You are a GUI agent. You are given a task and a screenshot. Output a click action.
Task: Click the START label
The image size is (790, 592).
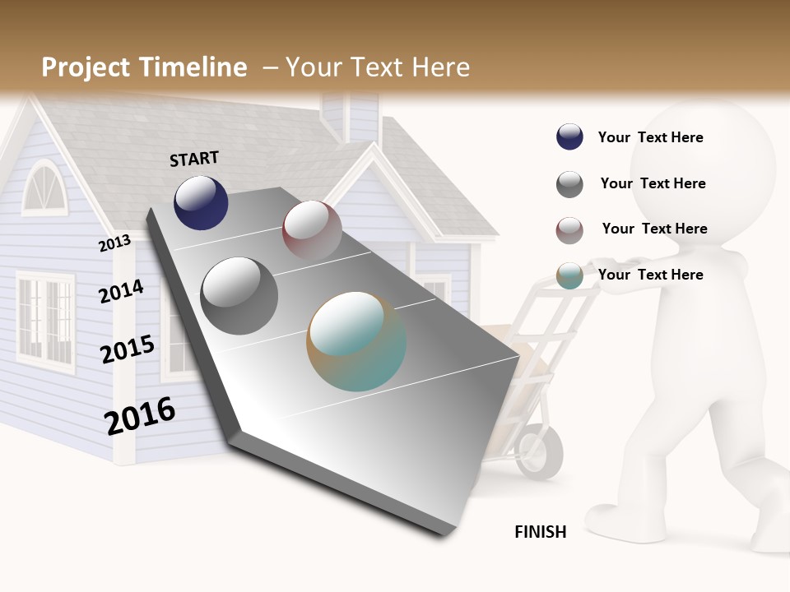click(x=194, y=158)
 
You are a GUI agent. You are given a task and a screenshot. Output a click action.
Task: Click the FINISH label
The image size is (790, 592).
click(x=540, y=532)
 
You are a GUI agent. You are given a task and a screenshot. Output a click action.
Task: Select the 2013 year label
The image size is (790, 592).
click(x=114, y=243)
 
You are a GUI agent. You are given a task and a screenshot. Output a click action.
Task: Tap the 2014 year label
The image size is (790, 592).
click(x=121, y=291)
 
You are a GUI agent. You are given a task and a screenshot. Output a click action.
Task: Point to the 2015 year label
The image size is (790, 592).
click(x=127, y=349)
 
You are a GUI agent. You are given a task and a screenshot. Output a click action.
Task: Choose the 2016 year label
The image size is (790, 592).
click(x=140, y=416)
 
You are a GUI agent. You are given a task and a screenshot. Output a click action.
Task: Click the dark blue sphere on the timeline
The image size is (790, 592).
click(x=201, y=202)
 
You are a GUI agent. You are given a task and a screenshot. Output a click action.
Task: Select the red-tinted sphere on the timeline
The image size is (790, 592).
click(x=312, y=229)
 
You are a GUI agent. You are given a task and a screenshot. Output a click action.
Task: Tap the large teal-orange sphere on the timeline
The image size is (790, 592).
click(x=356, y=341)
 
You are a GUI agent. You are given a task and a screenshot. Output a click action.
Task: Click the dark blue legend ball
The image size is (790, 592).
click(x=569, y=137)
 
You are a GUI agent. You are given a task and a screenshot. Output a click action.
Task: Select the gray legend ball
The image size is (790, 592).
click(x=569, y=184)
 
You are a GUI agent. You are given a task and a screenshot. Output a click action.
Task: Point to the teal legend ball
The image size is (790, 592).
click(x=569, y=276)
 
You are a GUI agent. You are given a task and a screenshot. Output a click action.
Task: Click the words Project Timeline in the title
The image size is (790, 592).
click(x=144, y=67)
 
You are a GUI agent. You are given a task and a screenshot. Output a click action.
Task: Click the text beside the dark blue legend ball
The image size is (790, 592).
click(x=650, y=137)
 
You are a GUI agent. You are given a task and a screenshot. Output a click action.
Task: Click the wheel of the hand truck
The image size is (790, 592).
click(x=541, y=451)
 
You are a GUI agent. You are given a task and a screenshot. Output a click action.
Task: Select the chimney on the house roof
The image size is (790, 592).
click(x=350, y=115)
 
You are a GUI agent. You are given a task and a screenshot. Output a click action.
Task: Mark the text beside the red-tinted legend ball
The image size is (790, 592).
click(x=654, y=229)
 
